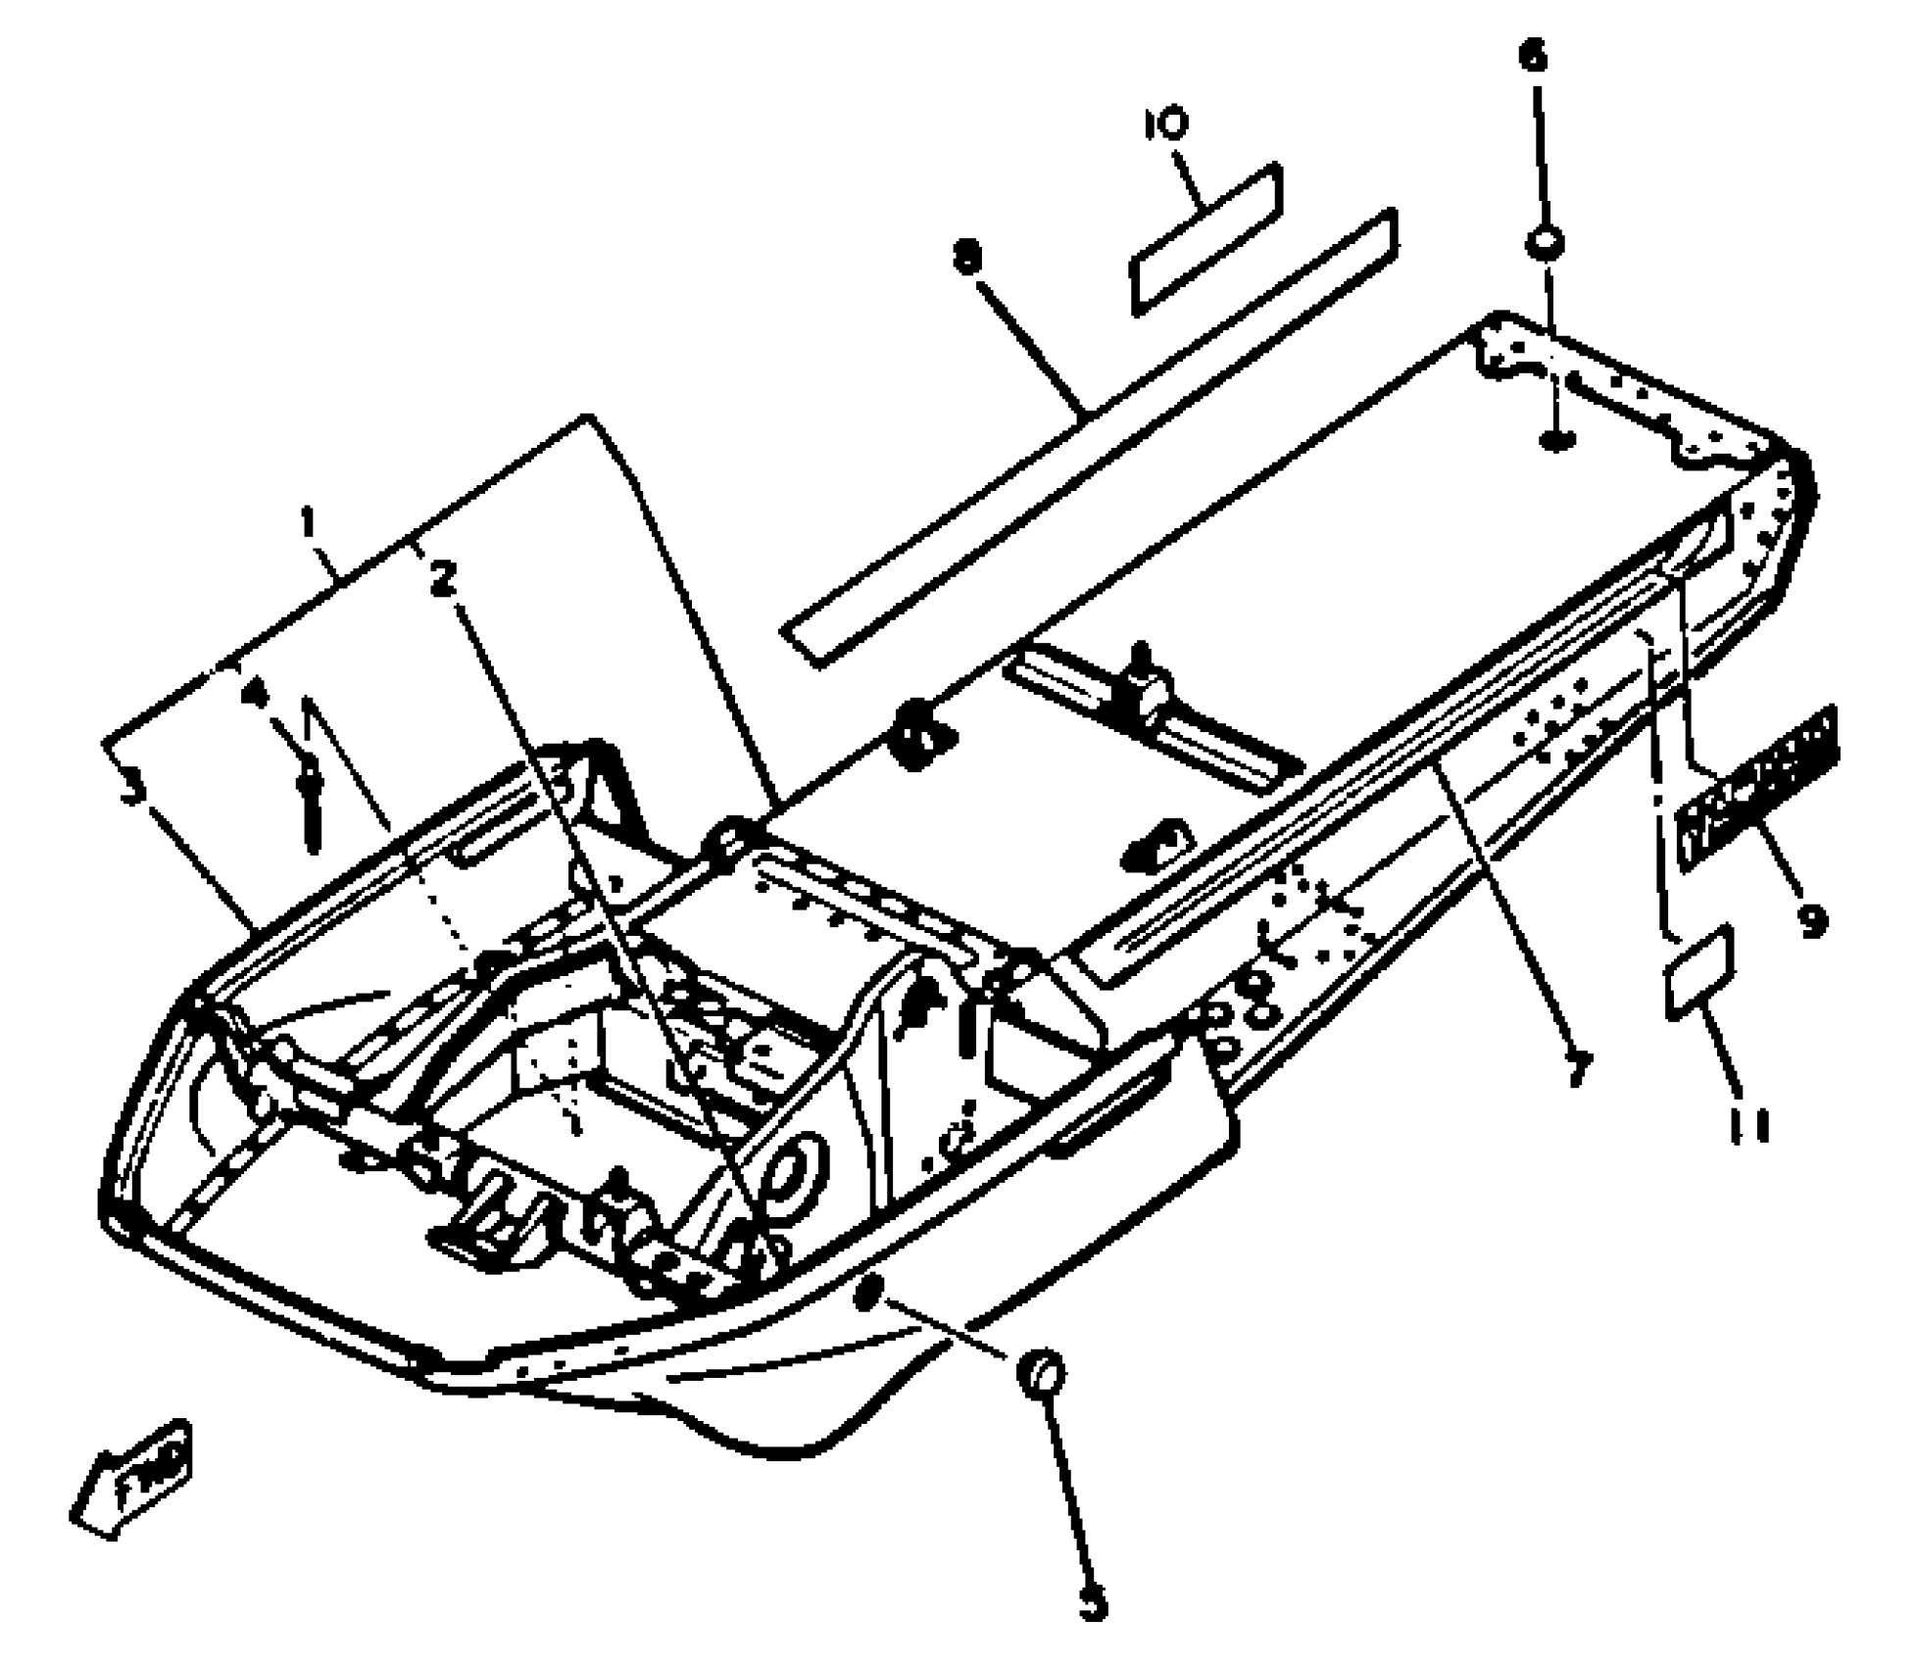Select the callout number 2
tap(444, 579)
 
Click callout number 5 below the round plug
tap(1093, 1606)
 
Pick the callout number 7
tap(1575, 1065)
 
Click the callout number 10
tap(1166, 124)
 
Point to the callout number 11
tap(1749, 1127)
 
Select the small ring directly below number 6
tap(1544, 243)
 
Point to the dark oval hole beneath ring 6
tap(1556, 440)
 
